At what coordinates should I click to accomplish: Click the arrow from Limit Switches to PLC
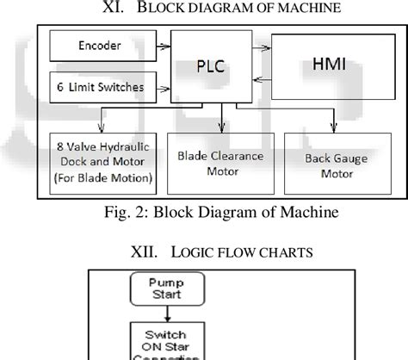(158, 87)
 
